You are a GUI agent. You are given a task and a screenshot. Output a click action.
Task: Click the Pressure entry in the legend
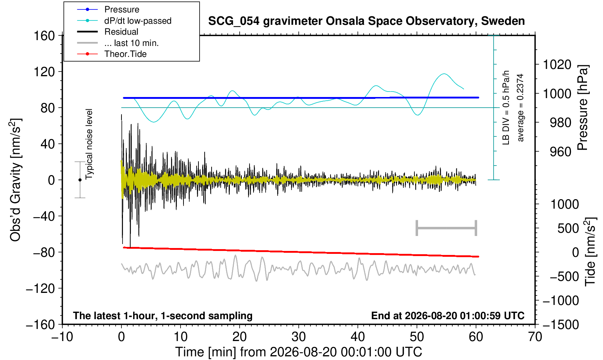122,9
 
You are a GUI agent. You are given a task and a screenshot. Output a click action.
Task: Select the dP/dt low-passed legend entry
138,21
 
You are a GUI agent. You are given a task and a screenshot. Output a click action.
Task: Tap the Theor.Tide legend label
125,54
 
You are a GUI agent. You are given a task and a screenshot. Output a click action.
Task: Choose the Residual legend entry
121,32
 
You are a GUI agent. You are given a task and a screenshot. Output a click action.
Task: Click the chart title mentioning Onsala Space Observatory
366,21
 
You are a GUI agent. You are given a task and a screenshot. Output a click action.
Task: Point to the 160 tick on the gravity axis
44,36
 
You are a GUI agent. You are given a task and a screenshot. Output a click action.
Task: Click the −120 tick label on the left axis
40,289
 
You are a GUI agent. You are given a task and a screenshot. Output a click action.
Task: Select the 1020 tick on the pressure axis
557,65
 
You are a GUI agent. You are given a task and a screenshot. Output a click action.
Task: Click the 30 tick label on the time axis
298,337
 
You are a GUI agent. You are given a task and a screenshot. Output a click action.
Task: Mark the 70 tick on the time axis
535,337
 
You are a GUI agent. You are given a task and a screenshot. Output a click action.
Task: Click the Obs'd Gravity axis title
15,180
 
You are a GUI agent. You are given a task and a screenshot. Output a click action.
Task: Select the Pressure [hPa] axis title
583,108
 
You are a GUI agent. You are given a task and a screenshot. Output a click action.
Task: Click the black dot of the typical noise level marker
80,180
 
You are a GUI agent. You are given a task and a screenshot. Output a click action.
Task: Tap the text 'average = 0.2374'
521,108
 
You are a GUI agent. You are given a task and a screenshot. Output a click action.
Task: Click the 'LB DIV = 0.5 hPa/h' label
506,108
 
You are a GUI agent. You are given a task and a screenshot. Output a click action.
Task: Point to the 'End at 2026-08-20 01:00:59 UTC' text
448,316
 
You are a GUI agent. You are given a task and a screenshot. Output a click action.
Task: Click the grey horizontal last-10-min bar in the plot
447,228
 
